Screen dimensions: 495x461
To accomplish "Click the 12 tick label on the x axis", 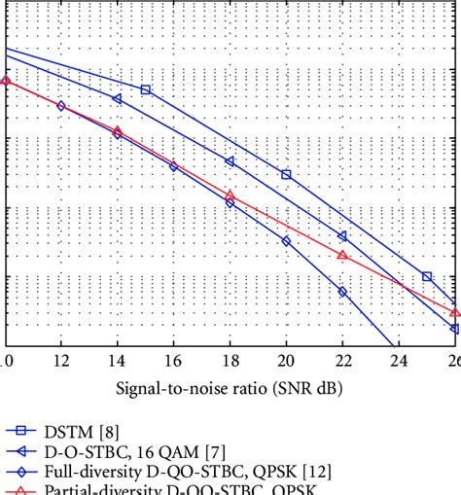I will click(x=61, y=362).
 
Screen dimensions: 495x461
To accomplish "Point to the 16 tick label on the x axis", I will click(x=173, y=362).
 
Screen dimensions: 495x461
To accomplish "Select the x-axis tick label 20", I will click(x=286, y=362).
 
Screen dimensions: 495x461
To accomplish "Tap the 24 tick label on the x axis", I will click(x=399, y=362).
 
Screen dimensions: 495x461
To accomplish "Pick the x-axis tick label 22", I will click(x=342, y=362).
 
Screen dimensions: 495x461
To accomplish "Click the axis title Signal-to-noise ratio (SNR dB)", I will click(x=230, y=387).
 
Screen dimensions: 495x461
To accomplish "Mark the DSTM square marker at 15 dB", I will click(x=146, y=89).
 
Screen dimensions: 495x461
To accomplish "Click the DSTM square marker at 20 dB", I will click(x=286, y=174).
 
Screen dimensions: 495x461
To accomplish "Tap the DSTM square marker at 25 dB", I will click(x=427, y=277).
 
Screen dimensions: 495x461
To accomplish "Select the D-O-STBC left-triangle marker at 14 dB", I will click(x=118, y=99).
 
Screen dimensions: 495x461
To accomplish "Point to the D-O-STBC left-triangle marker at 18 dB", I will click(x=230, y=161).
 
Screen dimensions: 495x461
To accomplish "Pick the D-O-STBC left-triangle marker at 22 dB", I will click(x=342, y=236).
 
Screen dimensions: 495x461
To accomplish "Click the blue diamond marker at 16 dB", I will click(x=173, y=166).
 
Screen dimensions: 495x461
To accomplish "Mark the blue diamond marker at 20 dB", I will click(x=286, y=240).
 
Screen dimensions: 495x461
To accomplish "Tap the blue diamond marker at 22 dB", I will click(x=342, y=291).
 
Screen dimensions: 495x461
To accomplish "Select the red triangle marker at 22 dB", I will click(x=342, y=255).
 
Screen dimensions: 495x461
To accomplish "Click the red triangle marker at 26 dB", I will click(x=455, y=311).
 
